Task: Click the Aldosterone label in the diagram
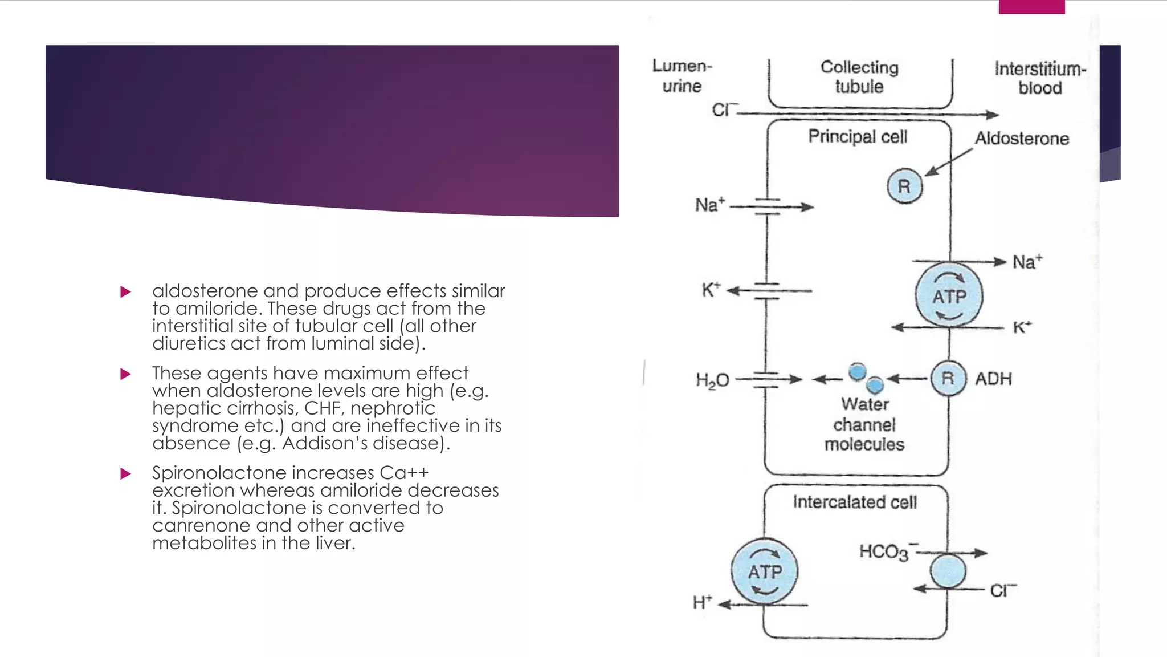tap(1021, 139)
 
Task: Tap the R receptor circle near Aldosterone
tap(904, 186)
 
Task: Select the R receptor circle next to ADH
tap(948, 379)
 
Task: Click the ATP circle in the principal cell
tap(949, 295)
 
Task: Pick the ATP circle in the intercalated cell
tap(765, 571)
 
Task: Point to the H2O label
tap(712, 380)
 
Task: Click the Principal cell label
tap(857, 137)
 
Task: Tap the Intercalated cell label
tap(854, 502)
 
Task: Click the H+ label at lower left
tap(702, 602)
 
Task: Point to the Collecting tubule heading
tap(859, 77)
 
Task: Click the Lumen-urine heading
tap(682, 76)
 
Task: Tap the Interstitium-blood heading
tap(1040, 78)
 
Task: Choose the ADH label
tap(993, 379)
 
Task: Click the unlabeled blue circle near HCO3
tap(948, 571)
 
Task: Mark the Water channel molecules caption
tap(864, 424)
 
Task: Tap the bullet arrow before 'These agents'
tap(126, 374)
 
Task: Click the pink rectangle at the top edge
tap(1031, 7)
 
